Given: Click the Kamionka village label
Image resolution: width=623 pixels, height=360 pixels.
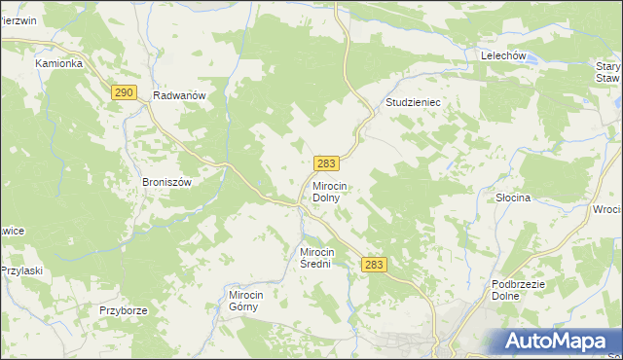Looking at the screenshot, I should click(59, 63).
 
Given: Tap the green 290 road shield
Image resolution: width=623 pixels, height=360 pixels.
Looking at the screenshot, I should click(123, 92).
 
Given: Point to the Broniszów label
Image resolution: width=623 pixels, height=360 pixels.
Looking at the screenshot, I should click(170, 182).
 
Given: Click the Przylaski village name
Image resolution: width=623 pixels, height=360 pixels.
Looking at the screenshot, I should click(23, 270).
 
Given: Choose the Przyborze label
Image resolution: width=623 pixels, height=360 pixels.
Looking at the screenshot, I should click(123, 310).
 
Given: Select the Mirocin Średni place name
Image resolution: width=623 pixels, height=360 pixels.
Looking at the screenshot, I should click(322, 257).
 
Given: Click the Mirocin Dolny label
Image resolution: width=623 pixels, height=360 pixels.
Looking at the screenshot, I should click(338, 191).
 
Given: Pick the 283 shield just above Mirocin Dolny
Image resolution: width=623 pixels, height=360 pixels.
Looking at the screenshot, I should click(327, 164).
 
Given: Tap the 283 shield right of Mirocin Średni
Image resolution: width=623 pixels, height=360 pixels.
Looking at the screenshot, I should click(374, 265).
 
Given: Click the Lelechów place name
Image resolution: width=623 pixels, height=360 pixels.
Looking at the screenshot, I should click(503, 56).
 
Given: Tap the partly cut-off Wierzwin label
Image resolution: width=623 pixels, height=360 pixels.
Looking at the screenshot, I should click(18, 19).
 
